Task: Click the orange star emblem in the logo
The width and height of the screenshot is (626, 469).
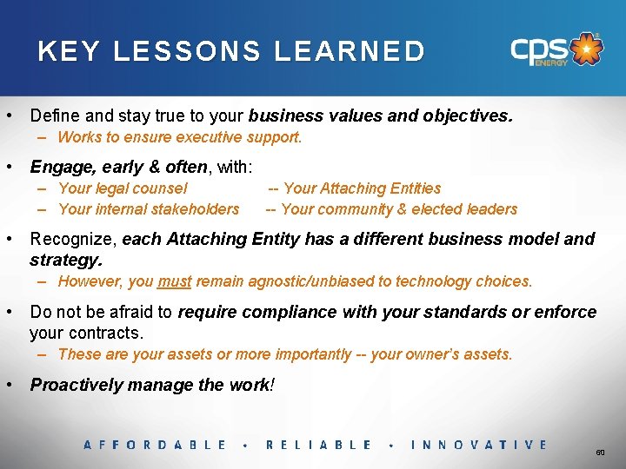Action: click(589, 50)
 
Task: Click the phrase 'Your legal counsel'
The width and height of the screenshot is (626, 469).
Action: click(123, 188)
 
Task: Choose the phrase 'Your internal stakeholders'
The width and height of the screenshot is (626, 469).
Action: click(148, 209)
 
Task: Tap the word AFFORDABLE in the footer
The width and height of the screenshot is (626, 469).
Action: click(155, 445)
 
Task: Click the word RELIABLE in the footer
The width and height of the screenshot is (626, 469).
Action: click(318, 445)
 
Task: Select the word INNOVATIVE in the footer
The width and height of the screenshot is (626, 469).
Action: click(478, 445)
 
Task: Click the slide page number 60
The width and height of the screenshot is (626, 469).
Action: click(600, 453)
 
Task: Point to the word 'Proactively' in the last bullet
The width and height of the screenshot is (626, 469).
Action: click(73, 385)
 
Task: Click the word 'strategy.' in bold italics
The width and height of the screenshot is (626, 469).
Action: click(66, 260)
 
